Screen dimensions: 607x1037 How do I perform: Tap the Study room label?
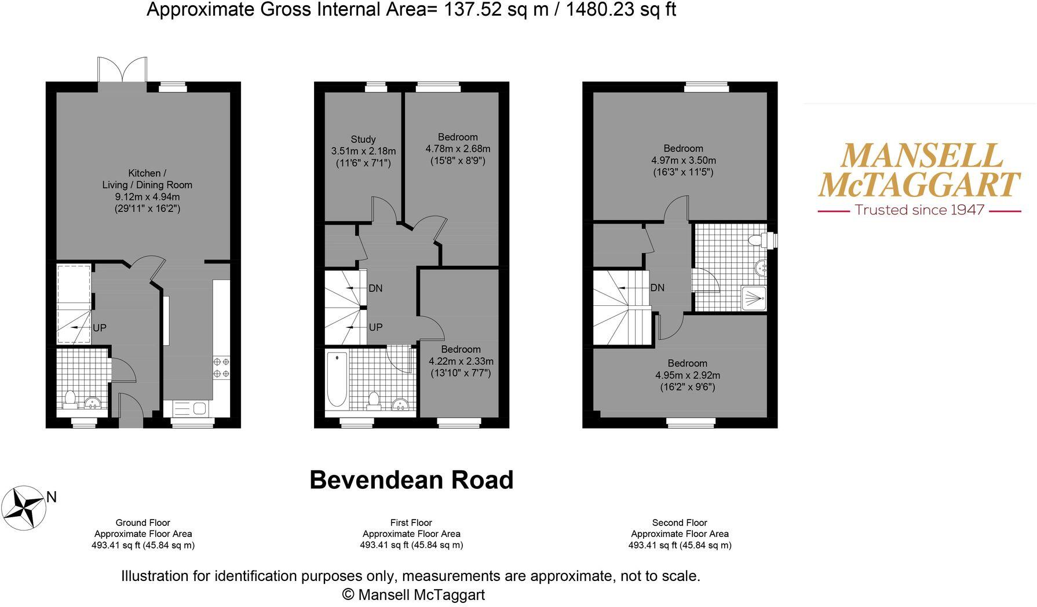tap(363, 140)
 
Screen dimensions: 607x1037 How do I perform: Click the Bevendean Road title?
tap(411, 480)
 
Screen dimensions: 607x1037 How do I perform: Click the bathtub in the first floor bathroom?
tap(337, 379)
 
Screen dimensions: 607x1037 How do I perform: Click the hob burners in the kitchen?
tap(221, 368)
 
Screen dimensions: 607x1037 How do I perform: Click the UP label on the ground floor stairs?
tap(100, 328)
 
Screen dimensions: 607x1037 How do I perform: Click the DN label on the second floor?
tap(658, 288)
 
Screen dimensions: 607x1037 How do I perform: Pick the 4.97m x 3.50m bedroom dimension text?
tap(684, 160)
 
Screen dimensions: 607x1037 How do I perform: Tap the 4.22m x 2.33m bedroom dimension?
tap(461, 361)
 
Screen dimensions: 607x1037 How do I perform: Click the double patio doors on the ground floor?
tap(122, 71)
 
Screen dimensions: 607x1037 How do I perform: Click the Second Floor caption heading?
tap(680, 522)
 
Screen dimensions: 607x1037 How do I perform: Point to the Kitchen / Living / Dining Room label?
tap(147, 179)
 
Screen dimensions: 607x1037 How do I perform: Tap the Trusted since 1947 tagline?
tap(919, 210)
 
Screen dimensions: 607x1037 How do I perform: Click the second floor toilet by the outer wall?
tap(755, 240)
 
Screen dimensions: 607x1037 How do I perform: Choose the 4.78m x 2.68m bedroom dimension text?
tap(458, 149)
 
